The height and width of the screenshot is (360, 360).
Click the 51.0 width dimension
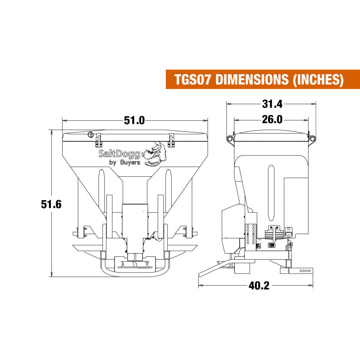click(134, 120)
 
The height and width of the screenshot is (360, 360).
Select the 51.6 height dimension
click(51, 204)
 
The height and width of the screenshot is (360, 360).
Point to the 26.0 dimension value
click(272, 120)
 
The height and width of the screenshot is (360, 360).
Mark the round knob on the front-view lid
click(91, 135)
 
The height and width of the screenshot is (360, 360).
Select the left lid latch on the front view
click(98, 140)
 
